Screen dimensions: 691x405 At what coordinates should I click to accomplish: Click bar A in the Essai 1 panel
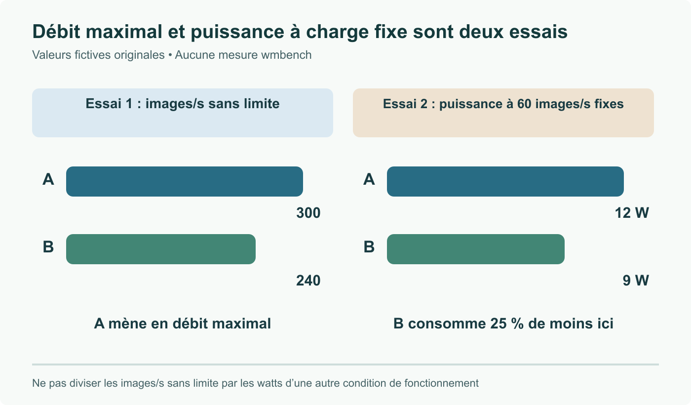point(185,182)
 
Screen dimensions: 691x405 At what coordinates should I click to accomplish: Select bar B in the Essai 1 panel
point(161,249)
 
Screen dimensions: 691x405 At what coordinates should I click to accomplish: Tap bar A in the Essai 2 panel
point(505,182)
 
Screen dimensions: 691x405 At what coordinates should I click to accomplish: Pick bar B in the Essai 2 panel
point(476,249)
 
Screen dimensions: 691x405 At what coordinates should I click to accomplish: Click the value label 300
point(308,213)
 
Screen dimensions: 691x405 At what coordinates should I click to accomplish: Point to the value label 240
point(308,281)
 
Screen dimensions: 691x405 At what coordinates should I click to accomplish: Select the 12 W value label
point(632,213)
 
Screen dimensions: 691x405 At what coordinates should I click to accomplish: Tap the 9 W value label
point(636,281)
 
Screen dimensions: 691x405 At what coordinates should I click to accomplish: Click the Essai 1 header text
point(183,104)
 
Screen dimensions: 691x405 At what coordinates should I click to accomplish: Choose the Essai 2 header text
point(503,104)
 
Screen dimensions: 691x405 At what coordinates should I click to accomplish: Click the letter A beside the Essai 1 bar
point(48,179)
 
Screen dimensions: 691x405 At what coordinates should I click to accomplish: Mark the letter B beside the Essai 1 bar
point(48,247)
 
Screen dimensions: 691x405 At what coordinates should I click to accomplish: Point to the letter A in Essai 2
point(369,179)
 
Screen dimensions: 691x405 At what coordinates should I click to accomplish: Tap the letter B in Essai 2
point(369,247)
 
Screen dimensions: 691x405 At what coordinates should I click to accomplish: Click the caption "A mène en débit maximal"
point(182,324)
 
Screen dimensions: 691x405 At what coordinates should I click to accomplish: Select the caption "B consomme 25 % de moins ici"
point(503,324)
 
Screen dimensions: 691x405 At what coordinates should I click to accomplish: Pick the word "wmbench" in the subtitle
point(286,55)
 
